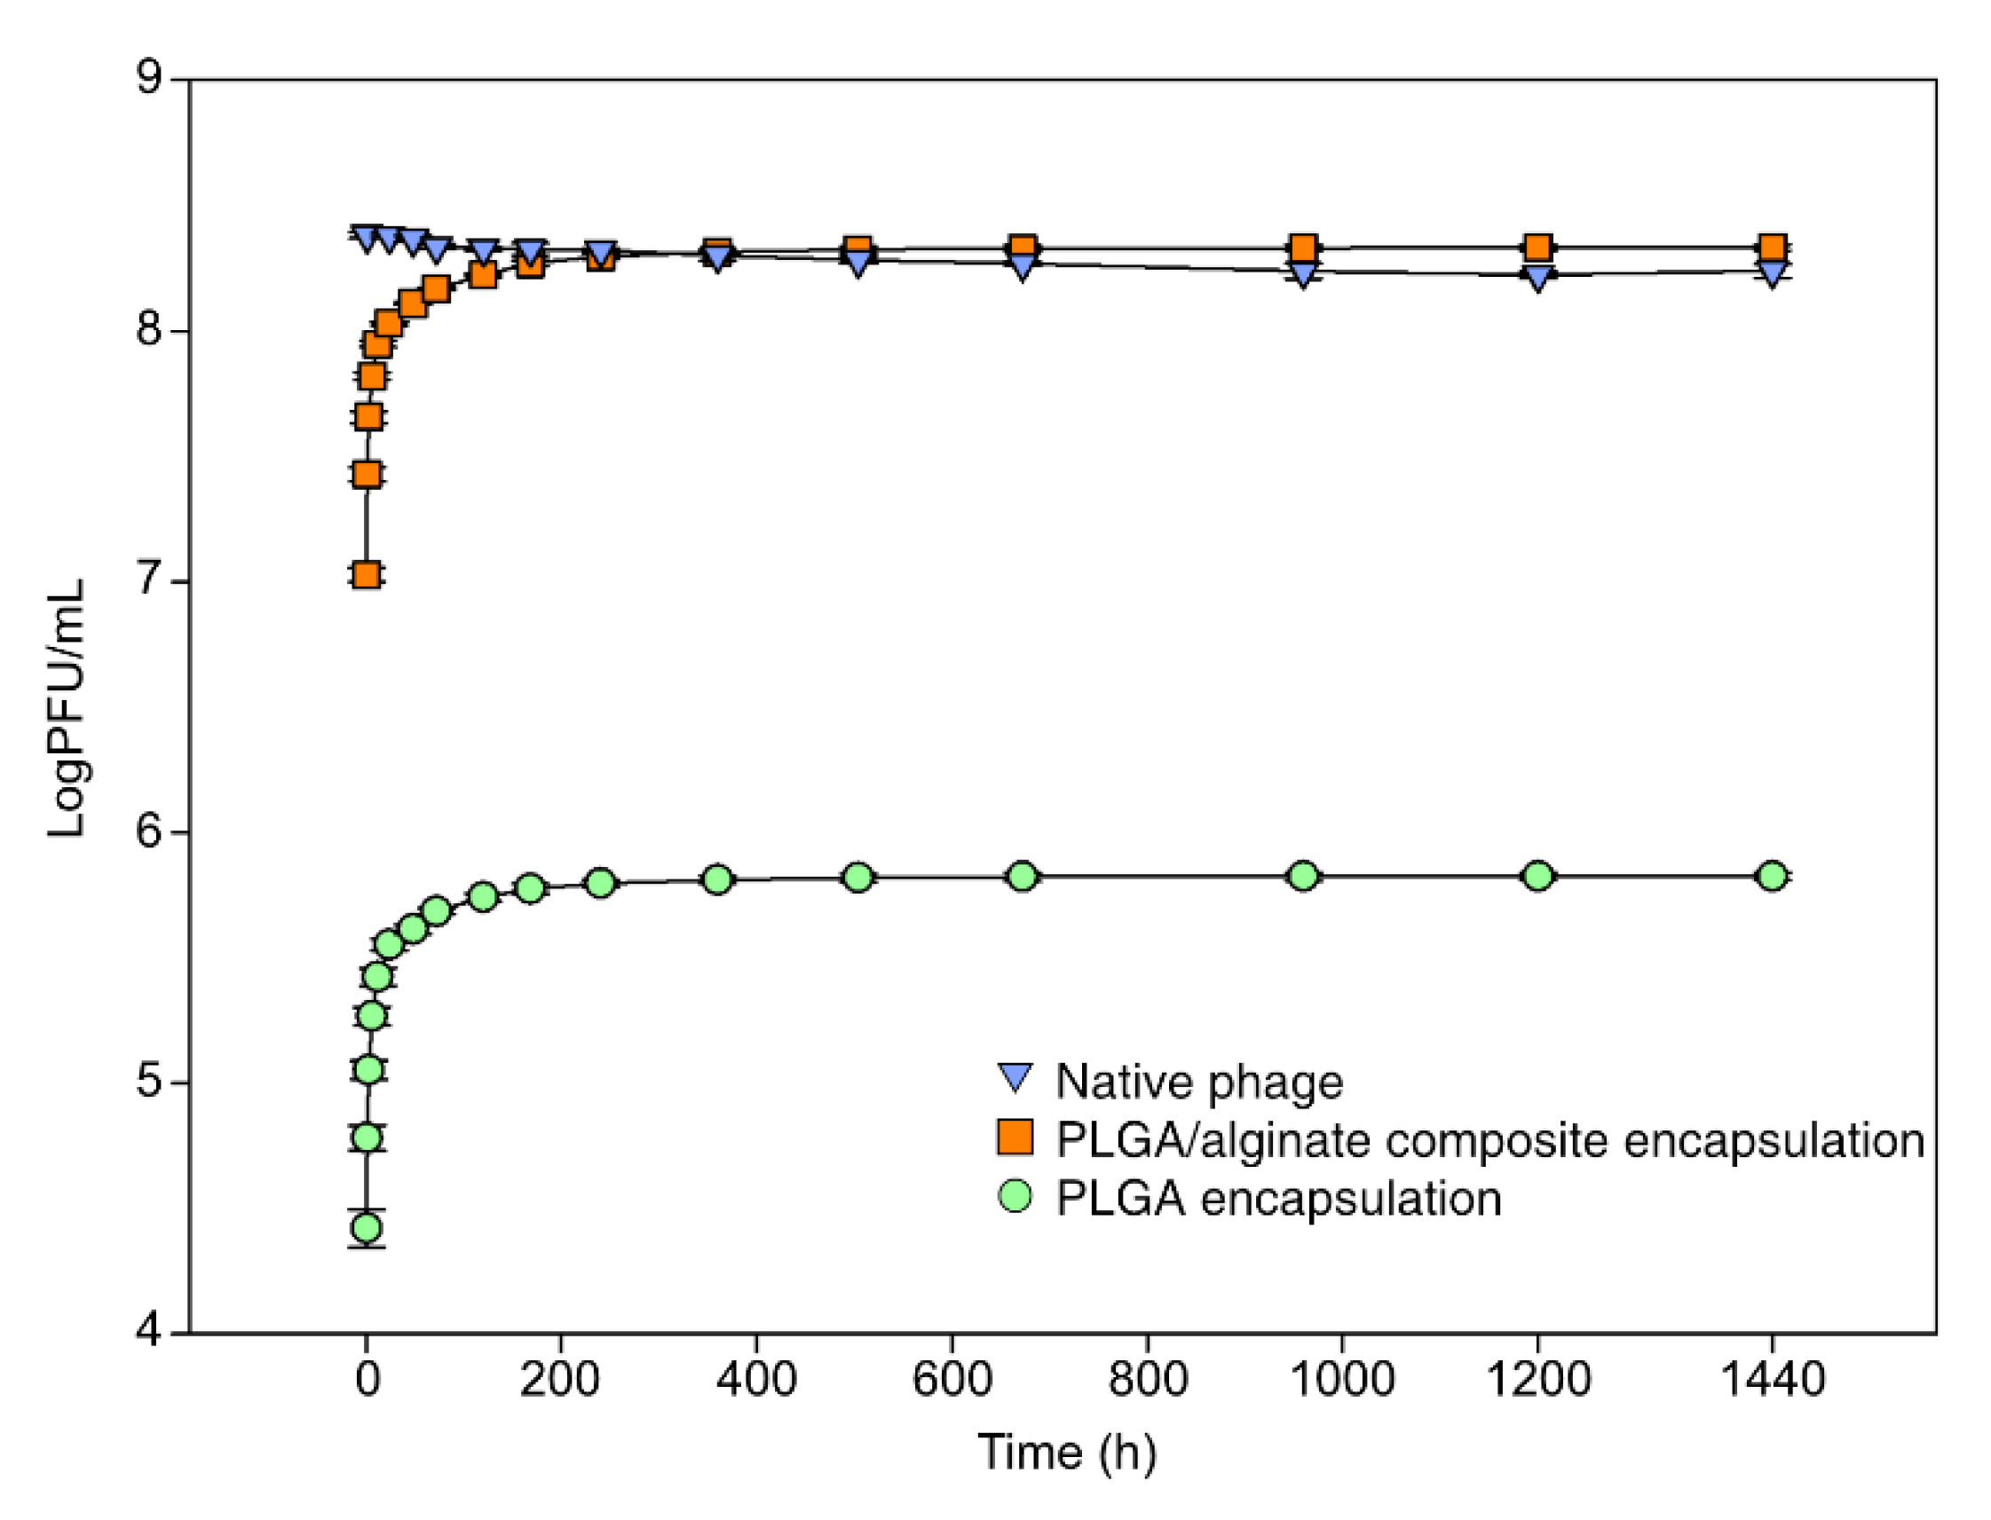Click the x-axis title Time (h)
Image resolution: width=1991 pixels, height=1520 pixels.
pos(1067,1453)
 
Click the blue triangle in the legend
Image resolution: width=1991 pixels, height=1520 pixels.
pos(1015,1077)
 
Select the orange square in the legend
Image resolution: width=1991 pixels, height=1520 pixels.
pos(1015,1138)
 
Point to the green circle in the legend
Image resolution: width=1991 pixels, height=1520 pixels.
pos(1015,1196)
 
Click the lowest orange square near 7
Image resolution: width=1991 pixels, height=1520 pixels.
pos(367,574)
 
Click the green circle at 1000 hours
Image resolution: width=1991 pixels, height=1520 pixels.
pos(1302,876)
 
